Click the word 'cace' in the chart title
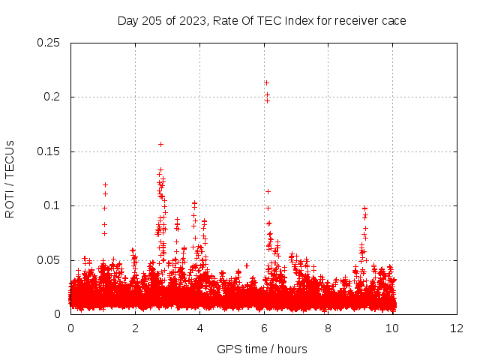click(x=393, y=21)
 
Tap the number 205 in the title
click(x=153, y=21)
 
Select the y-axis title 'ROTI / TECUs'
click(x=10, y=178)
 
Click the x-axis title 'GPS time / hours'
click(x=262, y=349)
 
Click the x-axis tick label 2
click(x=135, y=328)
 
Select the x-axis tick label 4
click(x=199, y=328)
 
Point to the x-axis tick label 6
click(x=264, y=328)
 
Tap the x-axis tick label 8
click(x=328, y=328)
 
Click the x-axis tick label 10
click(x=393, y=328)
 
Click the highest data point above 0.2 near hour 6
click(x=266, y=82)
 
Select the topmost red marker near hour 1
click(x=105, y=184)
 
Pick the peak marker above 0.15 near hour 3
click(x=160, y=144)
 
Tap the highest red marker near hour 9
click(x=364, y=208)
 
